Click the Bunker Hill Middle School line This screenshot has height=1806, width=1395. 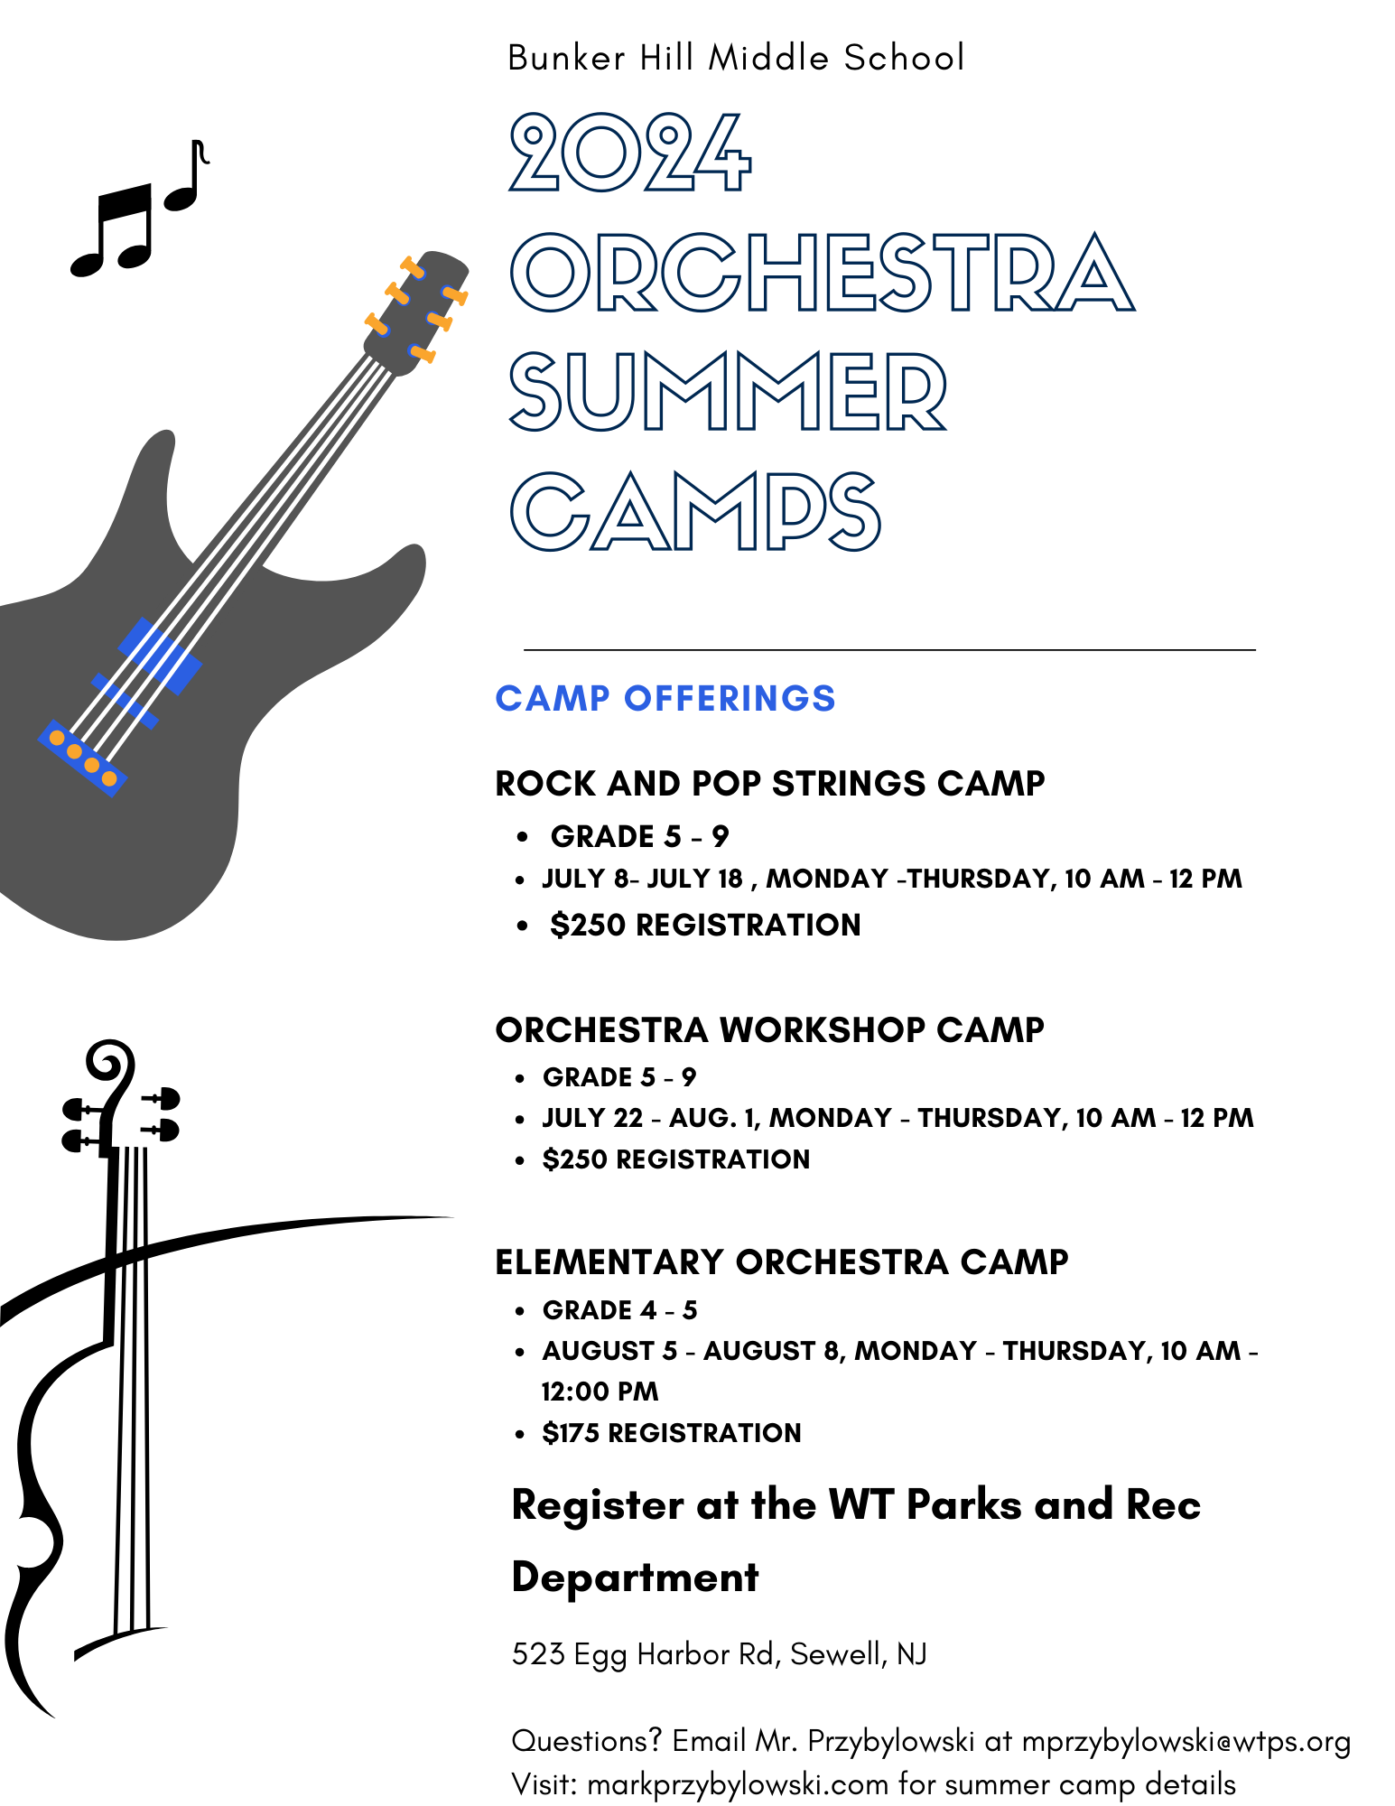click(x=736, y=58)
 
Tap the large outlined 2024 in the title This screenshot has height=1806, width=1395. click(x=630, y=153)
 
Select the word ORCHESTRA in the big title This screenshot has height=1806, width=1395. click(x=822, y=272)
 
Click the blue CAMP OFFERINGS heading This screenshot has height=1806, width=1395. click(x=665, y=698)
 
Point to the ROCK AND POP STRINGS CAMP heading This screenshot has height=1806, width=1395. click(x=770, y=783)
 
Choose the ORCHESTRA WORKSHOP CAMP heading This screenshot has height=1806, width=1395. click(x=770, y=1029)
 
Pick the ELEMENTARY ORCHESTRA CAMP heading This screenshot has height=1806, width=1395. click(x=782, y=1261)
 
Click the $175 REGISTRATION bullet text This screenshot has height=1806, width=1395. click(x=672, y=1432)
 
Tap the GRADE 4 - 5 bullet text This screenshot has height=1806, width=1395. click(x=619, y=1309)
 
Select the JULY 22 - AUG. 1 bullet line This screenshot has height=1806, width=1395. click(x=897, y=1118)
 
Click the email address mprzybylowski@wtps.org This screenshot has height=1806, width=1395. click(x=1186, y=1740)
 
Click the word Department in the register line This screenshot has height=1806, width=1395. click(x=635, y=1578)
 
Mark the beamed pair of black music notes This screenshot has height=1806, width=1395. click(x=112, y=229)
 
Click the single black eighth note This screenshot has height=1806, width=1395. click(x=187, y=176)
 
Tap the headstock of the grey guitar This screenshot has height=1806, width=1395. click(x=416, y=312)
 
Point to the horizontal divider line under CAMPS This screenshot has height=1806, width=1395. click(x=889, y=649)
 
